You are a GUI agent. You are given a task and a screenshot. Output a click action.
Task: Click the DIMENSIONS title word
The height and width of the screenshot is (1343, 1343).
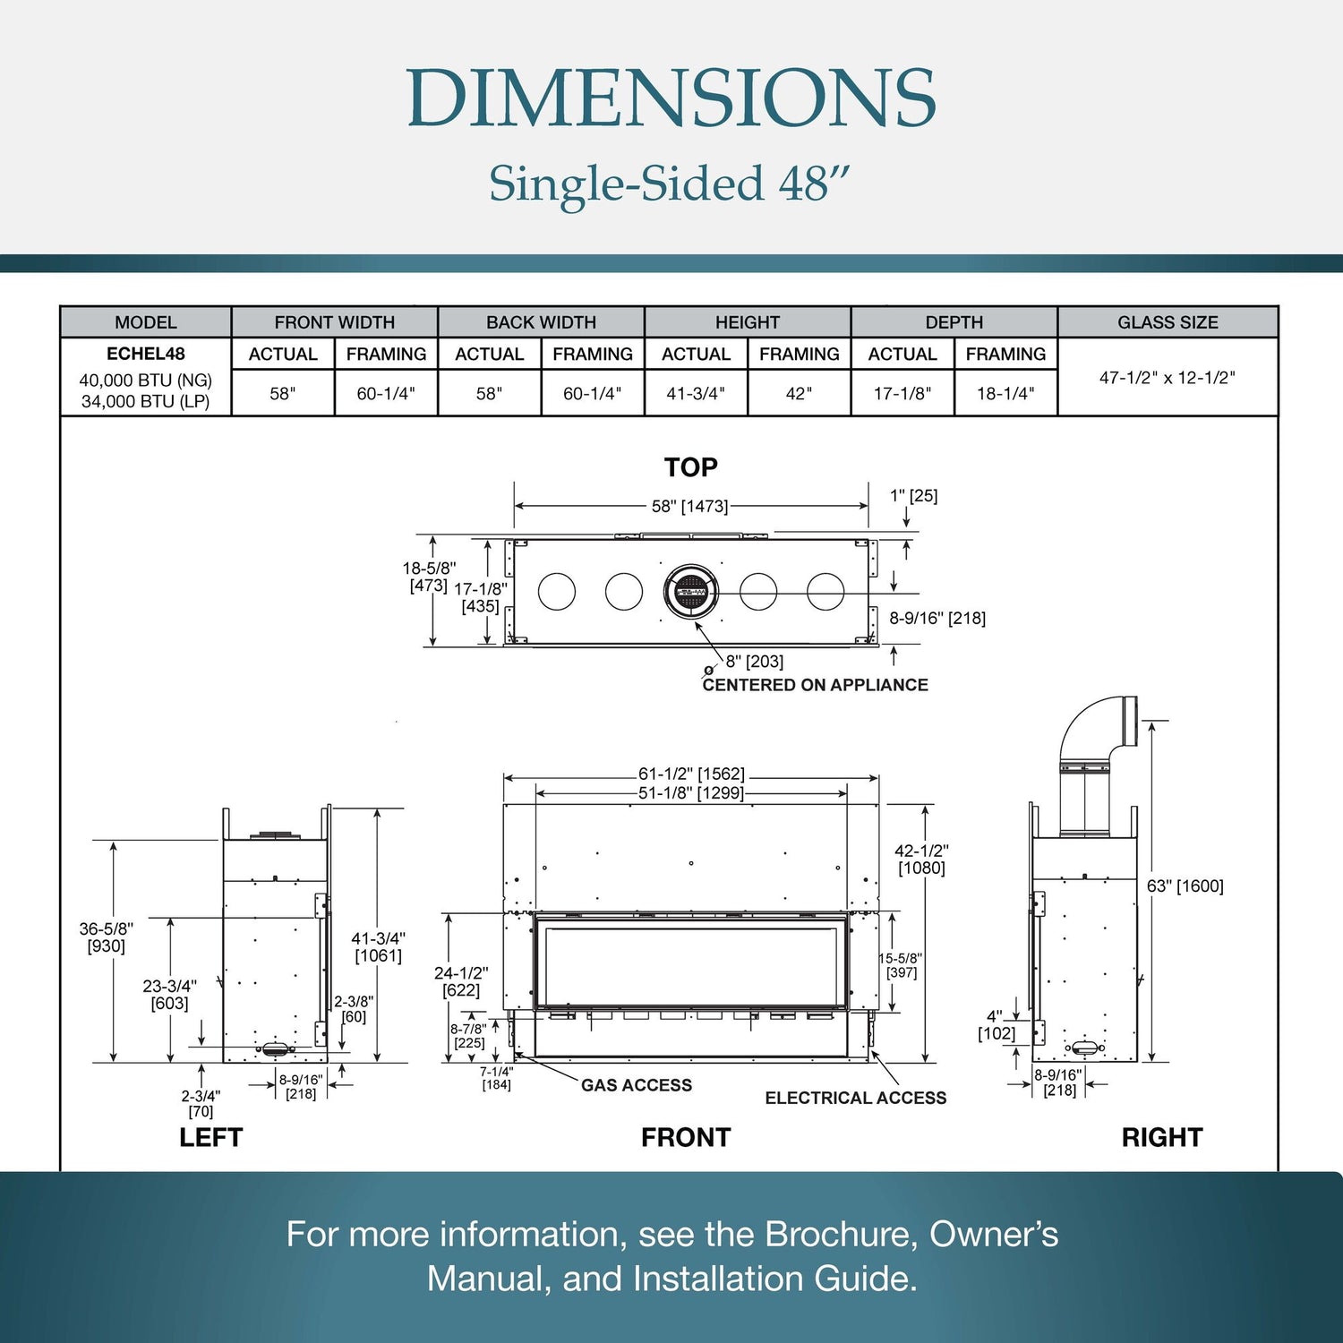point(671,98)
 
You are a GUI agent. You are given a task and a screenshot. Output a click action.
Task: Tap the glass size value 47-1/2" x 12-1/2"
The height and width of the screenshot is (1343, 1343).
point(1167,378)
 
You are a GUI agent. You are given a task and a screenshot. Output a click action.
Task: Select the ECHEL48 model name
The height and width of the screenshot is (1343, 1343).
point(145,354)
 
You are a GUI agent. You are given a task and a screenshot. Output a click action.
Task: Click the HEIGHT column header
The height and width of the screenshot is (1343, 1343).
point(747,322)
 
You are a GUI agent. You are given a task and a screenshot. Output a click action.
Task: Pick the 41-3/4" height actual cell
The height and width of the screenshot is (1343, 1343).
point(696,393)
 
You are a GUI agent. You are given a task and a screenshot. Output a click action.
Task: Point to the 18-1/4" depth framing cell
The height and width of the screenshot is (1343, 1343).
point(1005,393)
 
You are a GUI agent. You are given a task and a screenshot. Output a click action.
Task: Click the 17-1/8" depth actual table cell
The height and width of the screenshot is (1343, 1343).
point(902,393)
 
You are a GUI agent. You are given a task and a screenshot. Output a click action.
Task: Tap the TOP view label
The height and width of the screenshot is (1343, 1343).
point(690,467)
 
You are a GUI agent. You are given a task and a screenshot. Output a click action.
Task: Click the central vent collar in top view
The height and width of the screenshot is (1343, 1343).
point(691,592)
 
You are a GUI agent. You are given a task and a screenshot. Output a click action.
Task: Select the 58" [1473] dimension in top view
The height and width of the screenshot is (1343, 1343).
point(689,507)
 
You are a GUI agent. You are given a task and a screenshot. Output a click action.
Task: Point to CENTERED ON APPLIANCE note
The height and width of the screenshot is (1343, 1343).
point(815,685)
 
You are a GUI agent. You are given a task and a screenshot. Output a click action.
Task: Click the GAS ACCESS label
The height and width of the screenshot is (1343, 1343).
point(636,1085)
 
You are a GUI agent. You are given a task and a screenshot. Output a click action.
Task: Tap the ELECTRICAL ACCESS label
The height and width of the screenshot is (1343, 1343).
point(855,1098)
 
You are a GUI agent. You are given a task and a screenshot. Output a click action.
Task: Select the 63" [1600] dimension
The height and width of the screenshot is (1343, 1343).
point(1185,886)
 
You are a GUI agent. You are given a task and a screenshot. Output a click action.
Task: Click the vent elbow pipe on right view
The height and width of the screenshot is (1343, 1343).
point(1097,730)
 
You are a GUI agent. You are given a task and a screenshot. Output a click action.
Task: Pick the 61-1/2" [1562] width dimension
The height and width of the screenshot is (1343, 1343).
point(690,774)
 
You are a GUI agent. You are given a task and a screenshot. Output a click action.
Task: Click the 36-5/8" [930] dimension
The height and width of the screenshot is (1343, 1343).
point(106,937)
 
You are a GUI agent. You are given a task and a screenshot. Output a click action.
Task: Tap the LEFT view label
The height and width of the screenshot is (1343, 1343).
point(210,1137)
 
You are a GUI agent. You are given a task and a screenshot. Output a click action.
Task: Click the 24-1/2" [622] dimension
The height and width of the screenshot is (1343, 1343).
point(461,981)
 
